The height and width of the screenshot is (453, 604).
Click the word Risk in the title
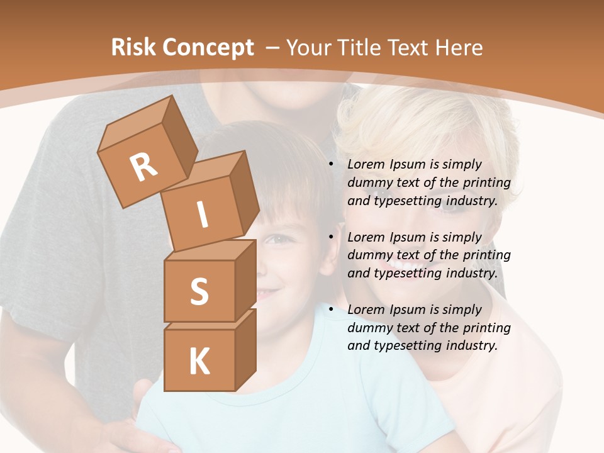coord(135,48)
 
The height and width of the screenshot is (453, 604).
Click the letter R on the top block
coord(143,167)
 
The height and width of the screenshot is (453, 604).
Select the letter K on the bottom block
coord(199,362)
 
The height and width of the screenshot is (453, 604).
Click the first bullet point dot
coord(331,165)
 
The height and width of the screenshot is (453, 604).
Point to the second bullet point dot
coord(331,237)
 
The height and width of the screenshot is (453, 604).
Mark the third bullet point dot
coord(331,310)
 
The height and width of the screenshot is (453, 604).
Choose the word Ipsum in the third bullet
coord(408,310)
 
